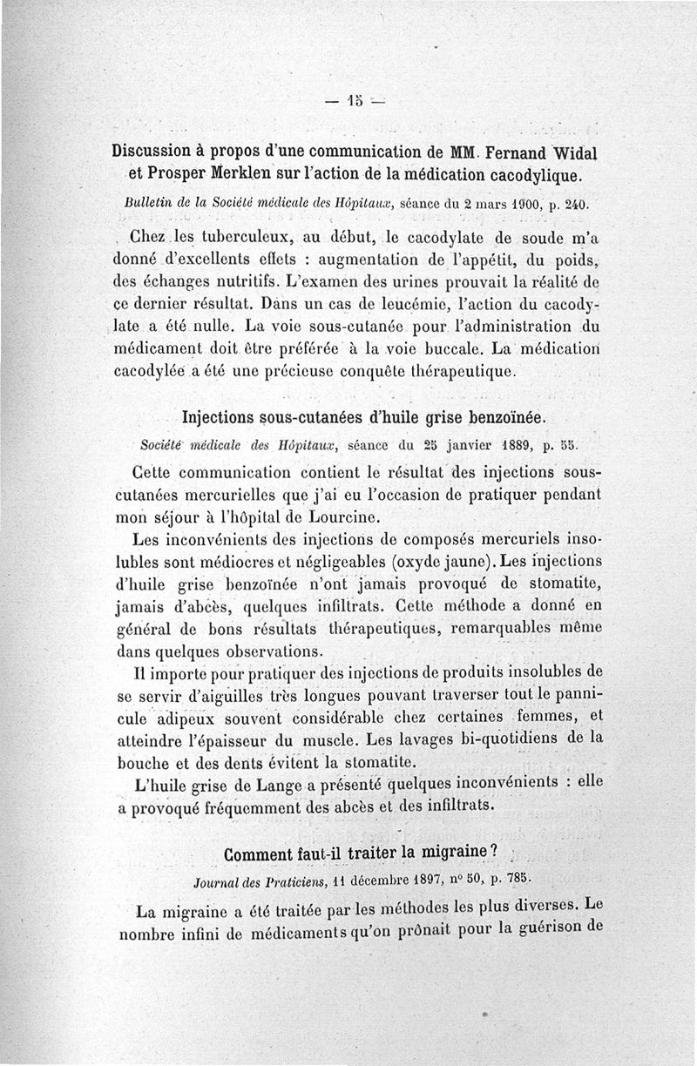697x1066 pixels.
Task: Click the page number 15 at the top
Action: [355, 98]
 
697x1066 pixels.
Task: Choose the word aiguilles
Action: [218, 697]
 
